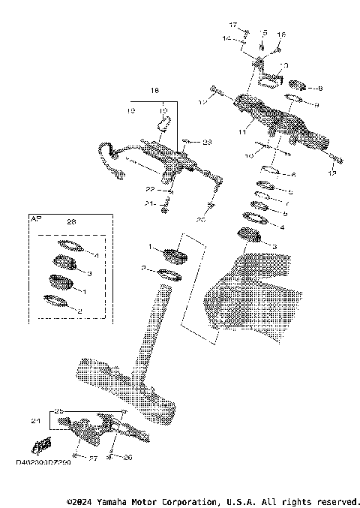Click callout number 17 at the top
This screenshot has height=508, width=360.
click(232, 26)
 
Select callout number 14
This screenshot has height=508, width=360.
click(225, 38)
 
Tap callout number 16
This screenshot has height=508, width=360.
click(282, 35)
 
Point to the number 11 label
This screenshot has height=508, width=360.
click(242, 131)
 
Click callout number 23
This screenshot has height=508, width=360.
click(208, 141)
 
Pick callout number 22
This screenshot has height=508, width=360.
click(150, 189)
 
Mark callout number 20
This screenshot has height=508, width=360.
click(200, 221)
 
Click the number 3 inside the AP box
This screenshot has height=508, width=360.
click(91, 274)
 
